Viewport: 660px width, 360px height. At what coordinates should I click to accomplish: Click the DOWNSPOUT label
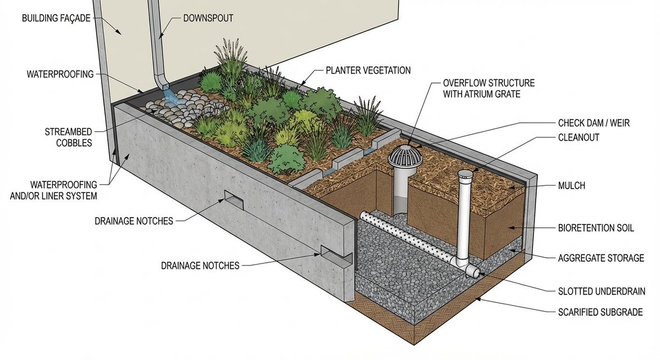point(208,18)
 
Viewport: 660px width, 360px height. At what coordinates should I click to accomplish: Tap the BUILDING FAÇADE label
point(56,18)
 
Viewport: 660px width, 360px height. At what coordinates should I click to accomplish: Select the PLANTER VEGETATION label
point(368,70)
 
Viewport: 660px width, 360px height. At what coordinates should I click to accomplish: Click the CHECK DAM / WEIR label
point(593,123)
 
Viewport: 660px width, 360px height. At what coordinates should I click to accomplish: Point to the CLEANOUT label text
point(579,137)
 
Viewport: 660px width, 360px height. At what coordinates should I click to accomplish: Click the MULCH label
point(571,185)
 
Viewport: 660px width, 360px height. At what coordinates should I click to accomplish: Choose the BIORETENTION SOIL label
point(596,228)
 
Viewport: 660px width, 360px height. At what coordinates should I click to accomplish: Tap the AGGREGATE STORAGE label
point(601,258)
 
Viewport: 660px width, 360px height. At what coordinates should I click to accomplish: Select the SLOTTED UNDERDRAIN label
point(602,291)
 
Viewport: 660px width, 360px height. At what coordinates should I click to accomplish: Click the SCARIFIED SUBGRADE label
point(601,312)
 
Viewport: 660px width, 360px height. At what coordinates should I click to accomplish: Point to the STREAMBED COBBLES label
point(68,137)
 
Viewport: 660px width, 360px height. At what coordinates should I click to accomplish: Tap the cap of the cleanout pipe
point(465,174)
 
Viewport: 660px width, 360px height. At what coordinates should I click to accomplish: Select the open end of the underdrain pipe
point(474,271)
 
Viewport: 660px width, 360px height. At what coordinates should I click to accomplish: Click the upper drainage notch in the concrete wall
point(234,200)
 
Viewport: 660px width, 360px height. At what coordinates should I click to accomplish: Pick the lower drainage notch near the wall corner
point(336,256)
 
